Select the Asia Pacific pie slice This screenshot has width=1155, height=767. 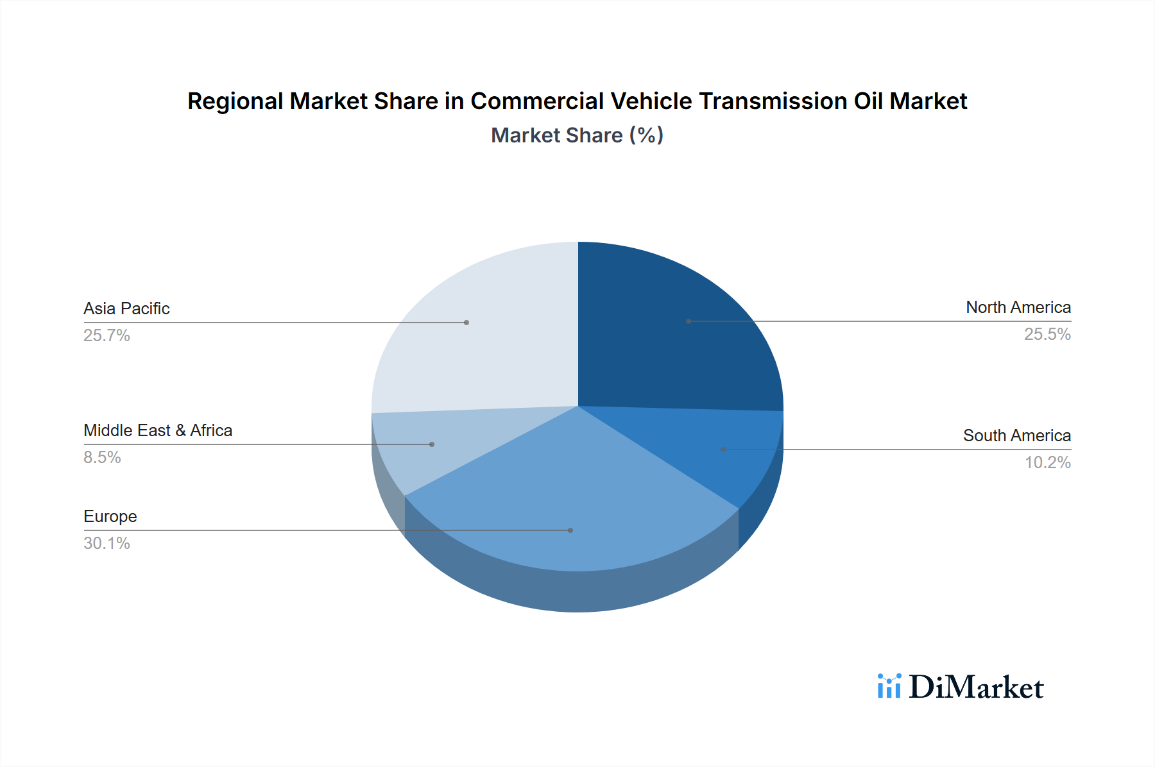pos(481,333)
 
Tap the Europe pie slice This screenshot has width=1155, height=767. pos(571,507)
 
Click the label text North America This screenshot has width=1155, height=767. pos(1018,308)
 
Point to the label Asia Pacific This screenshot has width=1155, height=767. pos(126,309)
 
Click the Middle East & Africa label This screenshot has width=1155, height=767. pos(158,431)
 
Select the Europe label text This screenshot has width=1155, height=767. pos(110,517)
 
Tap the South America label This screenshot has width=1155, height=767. pos(1016,436)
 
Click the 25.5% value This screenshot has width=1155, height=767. pos(1047,335)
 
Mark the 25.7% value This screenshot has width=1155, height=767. pos(107,336)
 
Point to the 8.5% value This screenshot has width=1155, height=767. pos(102,458)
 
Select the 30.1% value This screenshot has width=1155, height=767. pos(107,544)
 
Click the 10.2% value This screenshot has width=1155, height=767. pos(1047,463)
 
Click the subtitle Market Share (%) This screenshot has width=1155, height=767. pos(577,135)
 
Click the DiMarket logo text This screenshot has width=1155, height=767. pos(975,687)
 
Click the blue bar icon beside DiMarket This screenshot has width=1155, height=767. pos(889,686)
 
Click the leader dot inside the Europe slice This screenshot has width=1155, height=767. pos(570,530)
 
